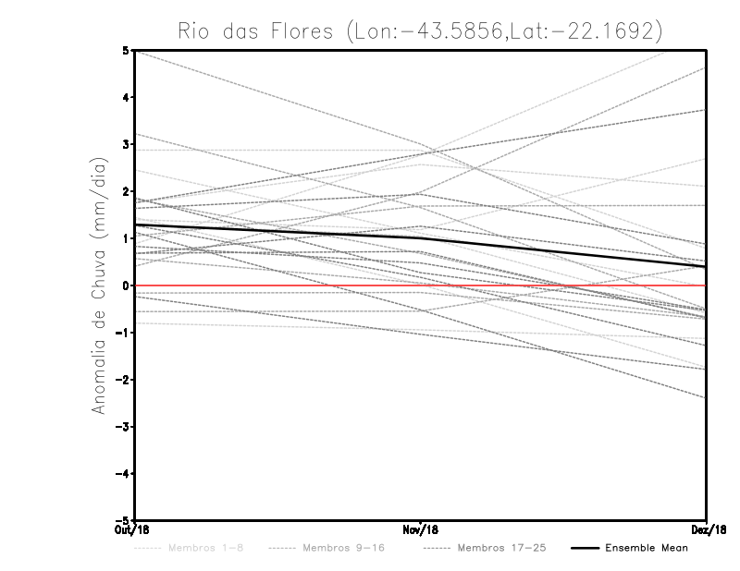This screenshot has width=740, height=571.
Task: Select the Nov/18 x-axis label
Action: pyautogui.click(x=421, y=530)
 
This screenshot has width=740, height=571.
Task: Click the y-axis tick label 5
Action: pyautogui.click(x=127, y=51)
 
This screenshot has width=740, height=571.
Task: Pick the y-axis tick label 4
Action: pyautogui.click(x=127, y=98)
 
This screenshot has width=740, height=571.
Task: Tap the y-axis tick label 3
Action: pyautogui.click(x=127, y=145)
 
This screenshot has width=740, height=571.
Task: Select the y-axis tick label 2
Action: pyautogui.click(x=127, y=191)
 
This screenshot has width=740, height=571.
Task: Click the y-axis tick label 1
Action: pyautogui.click(x=127, y=238)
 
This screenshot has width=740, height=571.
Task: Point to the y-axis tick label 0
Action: pyautogui.click(x=127, y=285)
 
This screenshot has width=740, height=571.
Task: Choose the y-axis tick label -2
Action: pyautogui.click(x=124, y=380)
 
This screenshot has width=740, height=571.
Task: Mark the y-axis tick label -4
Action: pyautogui.click(x=124, y=473)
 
